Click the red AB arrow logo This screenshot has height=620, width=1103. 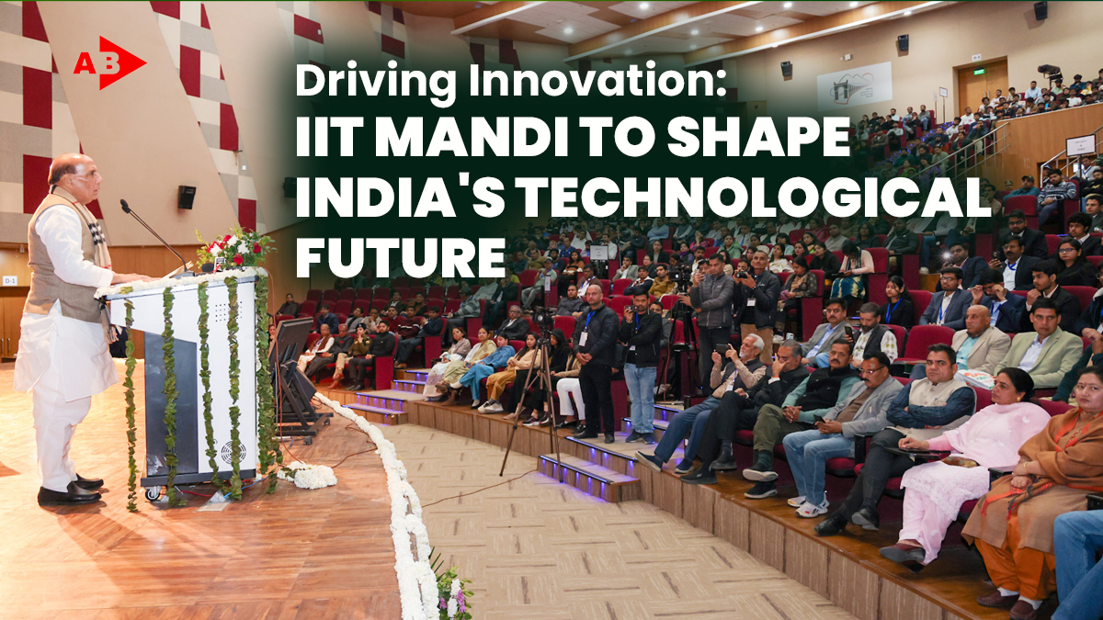109,63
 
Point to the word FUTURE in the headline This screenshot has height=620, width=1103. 400,258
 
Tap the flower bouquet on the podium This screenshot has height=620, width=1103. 235,249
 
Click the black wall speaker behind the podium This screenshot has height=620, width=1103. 187,197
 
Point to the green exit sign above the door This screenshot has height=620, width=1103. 979,72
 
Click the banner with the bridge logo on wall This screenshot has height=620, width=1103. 854,85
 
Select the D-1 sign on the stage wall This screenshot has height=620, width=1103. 10,281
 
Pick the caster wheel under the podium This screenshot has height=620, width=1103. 154,493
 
